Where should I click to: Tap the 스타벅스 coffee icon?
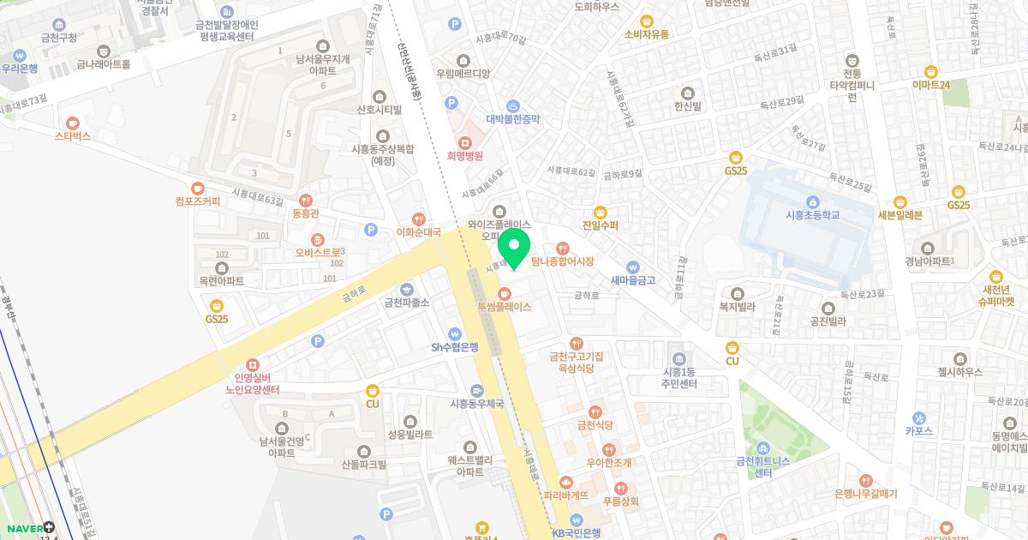(73, 123)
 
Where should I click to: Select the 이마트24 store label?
(931, 85)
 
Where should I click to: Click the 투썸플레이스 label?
(505, 306)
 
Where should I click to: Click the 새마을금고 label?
(632, 279)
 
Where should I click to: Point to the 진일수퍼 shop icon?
(601, 213)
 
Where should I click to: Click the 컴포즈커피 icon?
(198, 188)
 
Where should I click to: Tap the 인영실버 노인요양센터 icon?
(252, 364)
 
